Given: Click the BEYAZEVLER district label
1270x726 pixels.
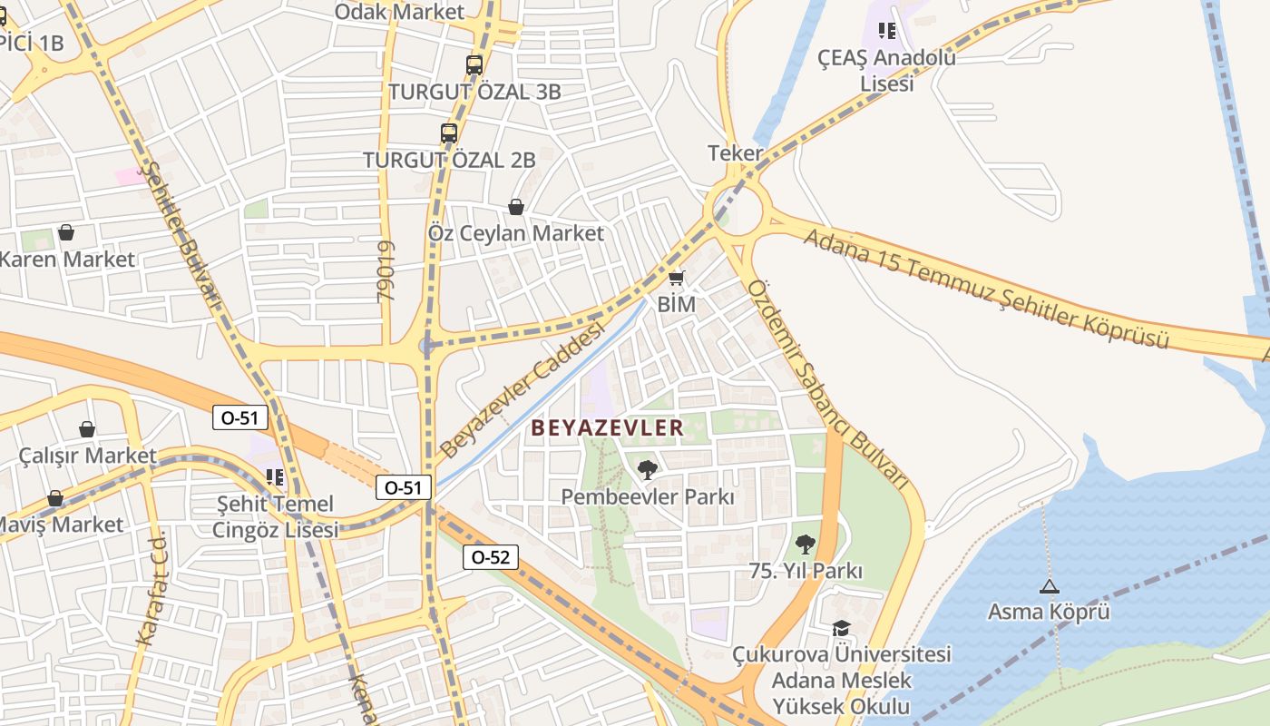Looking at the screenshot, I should click(607, 427).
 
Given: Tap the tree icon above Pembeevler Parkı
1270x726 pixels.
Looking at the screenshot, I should click(648, 469).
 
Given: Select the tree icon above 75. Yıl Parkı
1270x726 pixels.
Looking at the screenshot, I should click(805, 544).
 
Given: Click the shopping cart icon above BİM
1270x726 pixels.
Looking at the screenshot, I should click(676, 278).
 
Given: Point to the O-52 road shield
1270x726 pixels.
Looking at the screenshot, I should click(491, 557).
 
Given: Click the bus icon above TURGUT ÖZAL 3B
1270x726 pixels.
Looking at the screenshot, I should click(474, 65).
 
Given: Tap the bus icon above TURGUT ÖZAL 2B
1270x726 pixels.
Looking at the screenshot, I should click(449, 133).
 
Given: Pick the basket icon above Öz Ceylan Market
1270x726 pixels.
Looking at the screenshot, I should click(516, 207).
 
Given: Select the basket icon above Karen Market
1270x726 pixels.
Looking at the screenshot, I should click(66, 232).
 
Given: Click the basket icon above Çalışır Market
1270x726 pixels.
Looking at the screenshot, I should click(87, 428).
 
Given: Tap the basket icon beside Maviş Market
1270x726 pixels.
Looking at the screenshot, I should click(55, 498).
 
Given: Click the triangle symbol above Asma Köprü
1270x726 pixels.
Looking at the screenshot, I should click(1050, 586).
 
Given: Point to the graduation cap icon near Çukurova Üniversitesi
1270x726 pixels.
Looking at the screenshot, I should click(842, 628).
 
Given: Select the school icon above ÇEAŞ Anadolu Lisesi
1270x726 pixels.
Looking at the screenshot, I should click(887, 31).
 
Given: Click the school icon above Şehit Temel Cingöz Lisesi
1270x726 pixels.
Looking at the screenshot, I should click(275, 476).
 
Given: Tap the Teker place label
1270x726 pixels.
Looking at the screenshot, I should click(735, 153).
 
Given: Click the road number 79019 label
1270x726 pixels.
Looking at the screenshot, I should click(386, 271).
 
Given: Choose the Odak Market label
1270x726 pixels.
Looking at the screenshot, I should click(399, 12).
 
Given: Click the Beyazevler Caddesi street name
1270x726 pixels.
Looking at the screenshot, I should click(522, 392).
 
